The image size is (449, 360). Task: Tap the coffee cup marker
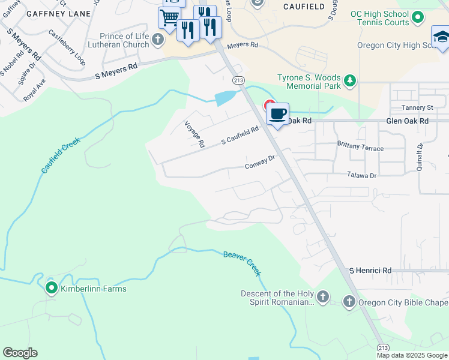[x=277, y=113]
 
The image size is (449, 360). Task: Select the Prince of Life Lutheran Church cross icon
[x=158, y=40]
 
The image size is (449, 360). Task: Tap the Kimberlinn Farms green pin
[x=51, y=289]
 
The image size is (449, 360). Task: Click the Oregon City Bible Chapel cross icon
[x=349, y=301]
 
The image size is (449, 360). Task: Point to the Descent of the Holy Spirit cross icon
[x=322, y=296]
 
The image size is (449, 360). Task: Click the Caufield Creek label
[x=61, y=154]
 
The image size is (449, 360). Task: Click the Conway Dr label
[x=259, y=161]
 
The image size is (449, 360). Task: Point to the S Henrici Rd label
[x=370, y=271]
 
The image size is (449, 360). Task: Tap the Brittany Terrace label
[x=360, y=148]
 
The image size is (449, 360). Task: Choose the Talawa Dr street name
[x=361, y=175]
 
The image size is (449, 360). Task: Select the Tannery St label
[x=418, y=107]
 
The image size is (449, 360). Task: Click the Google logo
[x=20, y=353]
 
